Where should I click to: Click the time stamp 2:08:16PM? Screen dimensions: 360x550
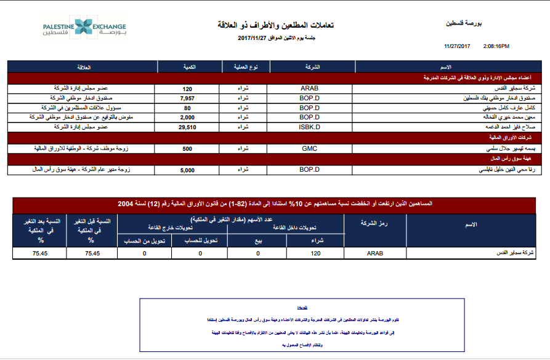tap(496, 46)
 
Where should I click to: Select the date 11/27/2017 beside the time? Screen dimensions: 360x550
tap(457, 46)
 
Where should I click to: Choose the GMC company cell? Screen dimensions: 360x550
tap(309, 148)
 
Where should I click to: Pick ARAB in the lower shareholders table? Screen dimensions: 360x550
tap(374, 253)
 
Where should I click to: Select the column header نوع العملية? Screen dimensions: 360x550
tap(243, 66)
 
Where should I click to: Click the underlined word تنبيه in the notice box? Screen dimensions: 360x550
tap(302, 306)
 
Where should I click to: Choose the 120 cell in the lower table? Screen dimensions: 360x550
tap(316, 253)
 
